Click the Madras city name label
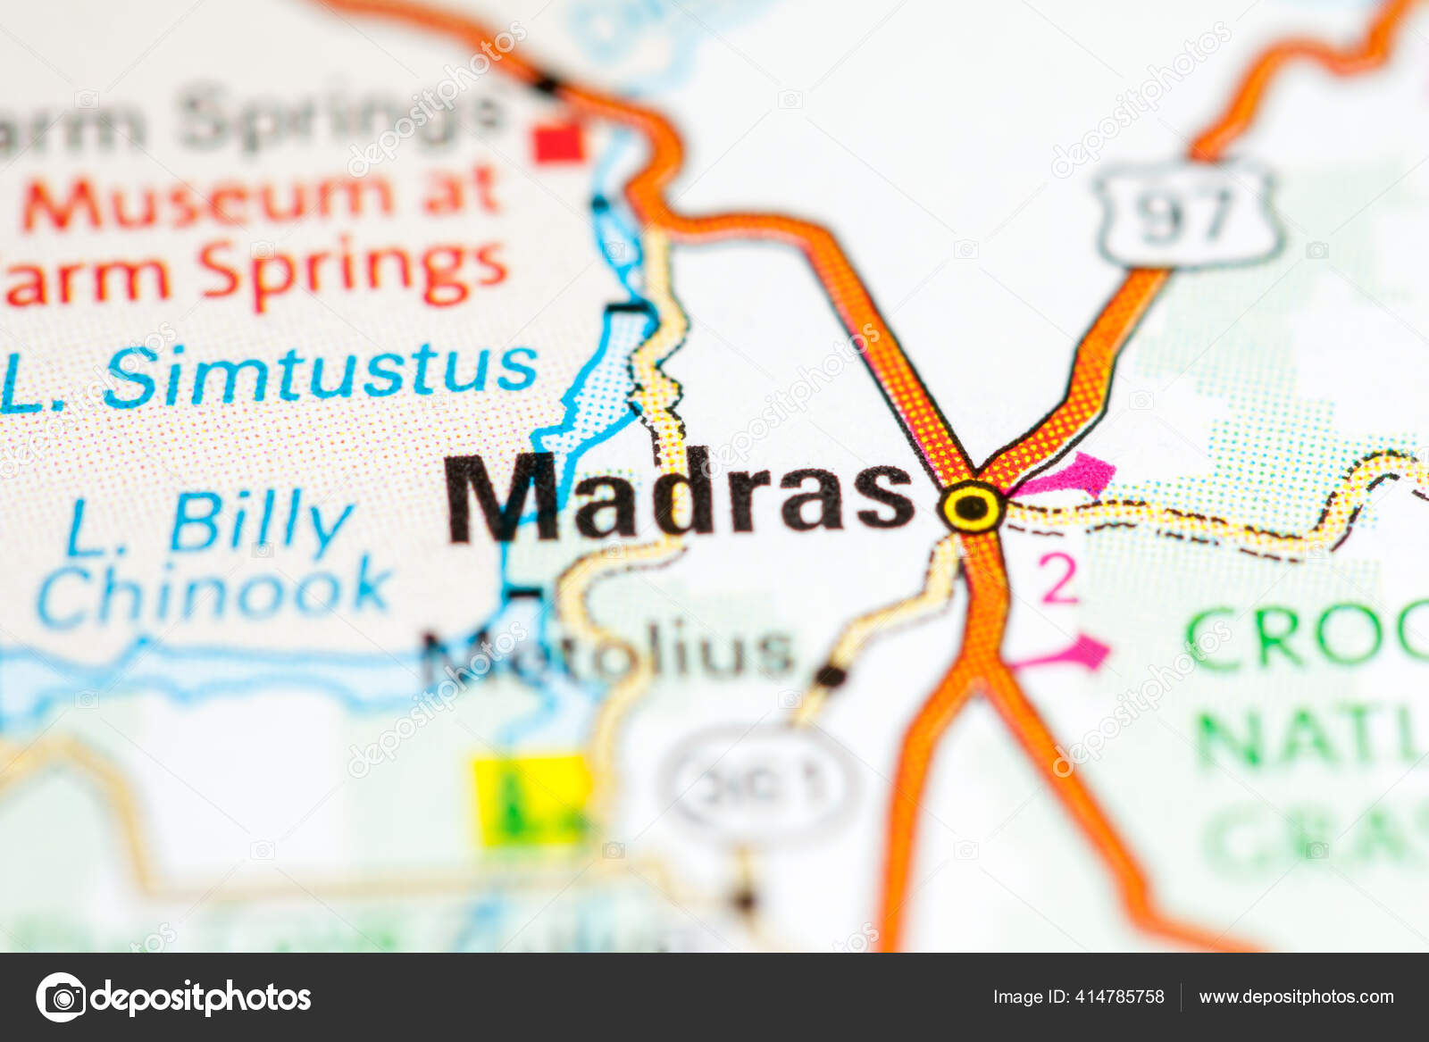tap(679, 497)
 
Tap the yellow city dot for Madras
tap(972, 508)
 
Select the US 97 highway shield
tap(1189, 215)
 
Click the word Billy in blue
tap(260, 521)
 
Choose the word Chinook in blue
tap(213, 591)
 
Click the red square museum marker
tap(559, 143)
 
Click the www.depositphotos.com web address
tap(1296, 996)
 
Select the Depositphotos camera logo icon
tap(61, 996)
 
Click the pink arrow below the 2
tap(1072, 654)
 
